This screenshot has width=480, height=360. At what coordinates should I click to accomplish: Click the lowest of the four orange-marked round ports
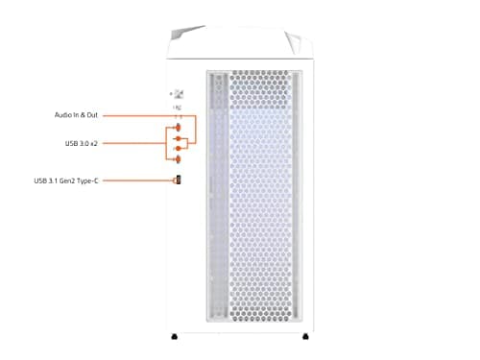[177, 160]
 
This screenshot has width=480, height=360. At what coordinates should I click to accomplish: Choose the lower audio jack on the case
[177, 149]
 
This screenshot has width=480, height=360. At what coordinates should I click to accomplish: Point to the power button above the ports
[179, 93]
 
